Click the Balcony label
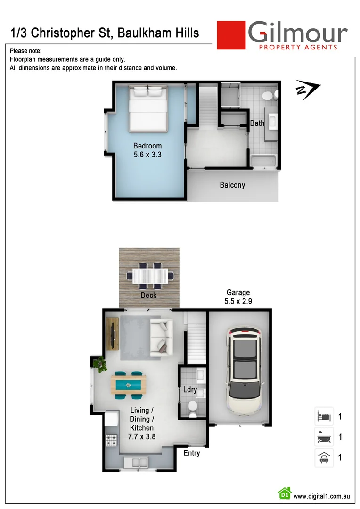232,185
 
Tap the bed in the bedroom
148,109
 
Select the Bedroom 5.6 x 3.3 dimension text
147,150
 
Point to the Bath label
257,123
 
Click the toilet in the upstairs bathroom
268,96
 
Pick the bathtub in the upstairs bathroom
264,162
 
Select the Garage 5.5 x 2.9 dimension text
238,297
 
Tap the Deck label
148,296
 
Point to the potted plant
100,364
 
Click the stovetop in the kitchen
112,441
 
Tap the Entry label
192,453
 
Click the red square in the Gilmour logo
231,35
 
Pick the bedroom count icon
324,417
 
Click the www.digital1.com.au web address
320,496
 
